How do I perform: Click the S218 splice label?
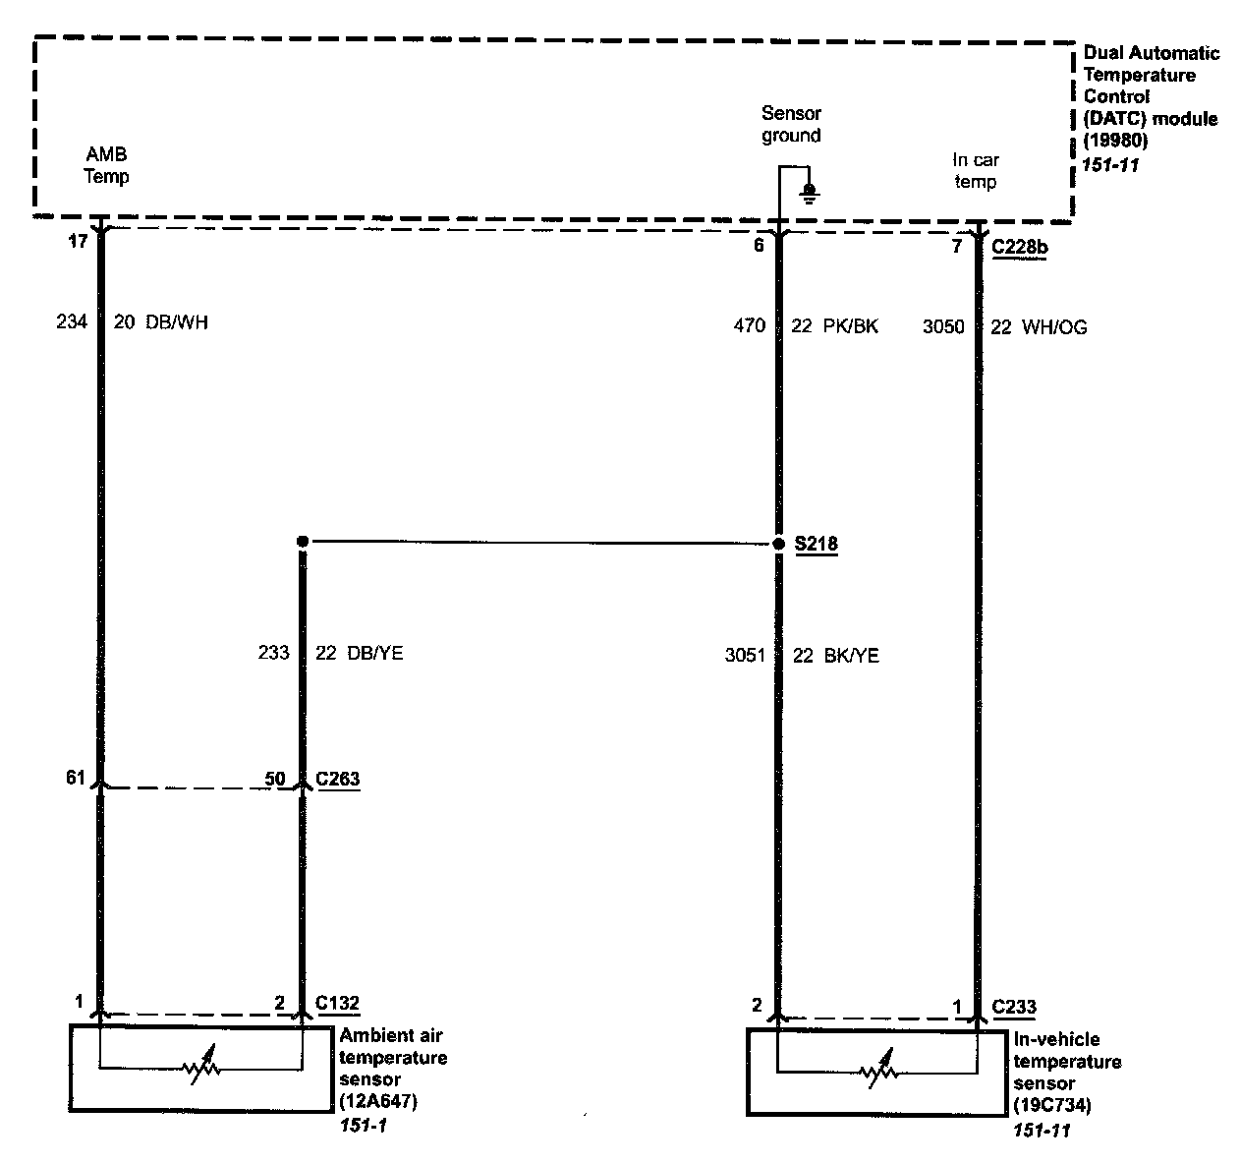[817, 544]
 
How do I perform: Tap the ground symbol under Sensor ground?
[809, 192]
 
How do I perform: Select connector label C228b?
[1020, 247]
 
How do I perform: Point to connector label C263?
[337, 780]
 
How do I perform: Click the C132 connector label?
[337, 1004]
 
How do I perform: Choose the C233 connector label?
[1014, 1007]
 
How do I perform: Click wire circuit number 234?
[72, 321]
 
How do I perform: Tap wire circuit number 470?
[749, 325]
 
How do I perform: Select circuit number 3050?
[943, 326]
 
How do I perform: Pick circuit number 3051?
[745, 655]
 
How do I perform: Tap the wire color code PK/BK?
[848, 326]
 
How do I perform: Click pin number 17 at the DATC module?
[78, 241]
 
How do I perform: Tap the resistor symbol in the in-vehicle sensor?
[876, 1072]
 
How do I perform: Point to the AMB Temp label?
[106, 166]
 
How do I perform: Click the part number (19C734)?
[1051, 1106]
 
